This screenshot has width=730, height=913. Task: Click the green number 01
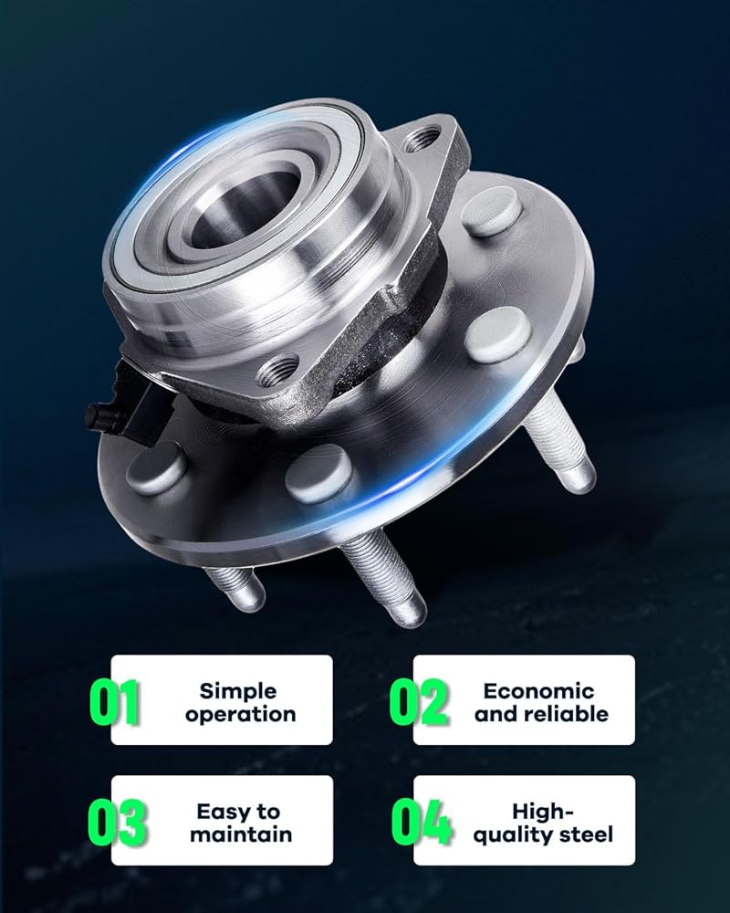115,702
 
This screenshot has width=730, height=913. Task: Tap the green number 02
419,702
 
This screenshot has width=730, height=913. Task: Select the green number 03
117,823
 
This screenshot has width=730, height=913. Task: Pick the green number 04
422,823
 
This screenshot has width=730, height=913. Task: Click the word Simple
238,691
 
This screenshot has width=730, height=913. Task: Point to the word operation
240,715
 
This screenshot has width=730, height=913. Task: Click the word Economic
538,690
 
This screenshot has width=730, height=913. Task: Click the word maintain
240,834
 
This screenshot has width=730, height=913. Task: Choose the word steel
585,834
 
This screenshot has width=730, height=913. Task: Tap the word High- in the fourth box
543,811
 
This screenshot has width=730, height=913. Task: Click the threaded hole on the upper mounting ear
421,140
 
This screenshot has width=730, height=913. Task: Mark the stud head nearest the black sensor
157,467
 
